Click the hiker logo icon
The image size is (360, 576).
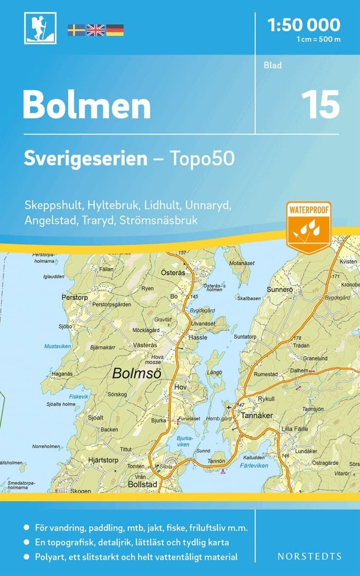40,28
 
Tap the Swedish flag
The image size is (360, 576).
76,30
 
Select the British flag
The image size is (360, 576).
95,30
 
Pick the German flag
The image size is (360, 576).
115,30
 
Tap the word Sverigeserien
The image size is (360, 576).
86,158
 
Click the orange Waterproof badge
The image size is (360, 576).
308,226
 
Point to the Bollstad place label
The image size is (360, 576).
143,484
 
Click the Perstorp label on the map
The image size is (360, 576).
74,296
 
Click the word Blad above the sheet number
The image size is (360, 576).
273,65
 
